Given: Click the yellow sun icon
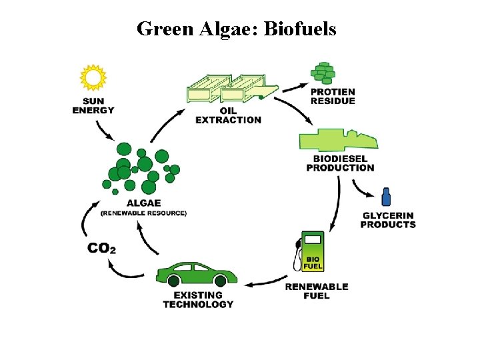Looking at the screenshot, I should tap(93, 77).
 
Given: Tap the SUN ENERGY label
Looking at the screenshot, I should tap(93, 105).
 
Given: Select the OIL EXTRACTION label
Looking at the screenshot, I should tap(228, 115).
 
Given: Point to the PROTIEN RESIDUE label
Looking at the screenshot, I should tap(333, 96).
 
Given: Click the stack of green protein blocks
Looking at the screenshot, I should tap(324, 72).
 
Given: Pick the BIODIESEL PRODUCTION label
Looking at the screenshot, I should tap(340, 163).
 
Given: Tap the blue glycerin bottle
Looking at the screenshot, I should tap(385, 197).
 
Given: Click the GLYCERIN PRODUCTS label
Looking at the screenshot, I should tap(388, 220).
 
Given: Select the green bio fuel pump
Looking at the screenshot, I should tap(311, 252).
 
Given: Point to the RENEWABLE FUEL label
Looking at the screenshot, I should tap(317, 291).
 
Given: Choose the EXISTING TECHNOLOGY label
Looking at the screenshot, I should tap(198, 299).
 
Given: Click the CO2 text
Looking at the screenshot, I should tap(102, 248).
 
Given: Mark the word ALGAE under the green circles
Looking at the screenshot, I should tap(143, 203).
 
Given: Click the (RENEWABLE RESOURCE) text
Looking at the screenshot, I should tap(143, 213).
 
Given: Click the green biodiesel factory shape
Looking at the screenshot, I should tap(337, 140).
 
